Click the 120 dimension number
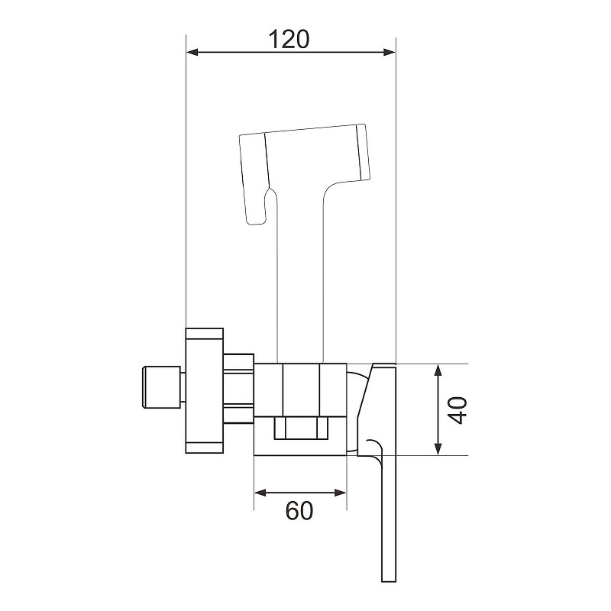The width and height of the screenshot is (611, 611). pos(289,39)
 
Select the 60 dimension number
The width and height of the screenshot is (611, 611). pos(299,510)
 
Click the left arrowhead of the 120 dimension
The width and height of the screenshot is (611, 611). pos(192,52)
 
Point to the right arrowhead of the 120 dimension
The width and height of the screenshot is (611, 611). pos(390,52)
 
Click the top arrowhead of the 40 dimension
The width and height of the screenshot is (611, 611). pos(438,370)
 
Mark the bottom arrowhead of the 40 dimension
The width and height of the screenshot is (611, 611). pos(438,449)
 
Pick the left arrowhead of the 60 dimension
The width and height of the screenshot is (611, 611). pos(260,493)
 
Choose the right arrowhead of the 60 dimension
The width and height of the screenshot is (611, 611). pos(340,493)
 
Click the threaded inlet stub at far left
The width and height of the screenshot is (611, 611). pos(162,387)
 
